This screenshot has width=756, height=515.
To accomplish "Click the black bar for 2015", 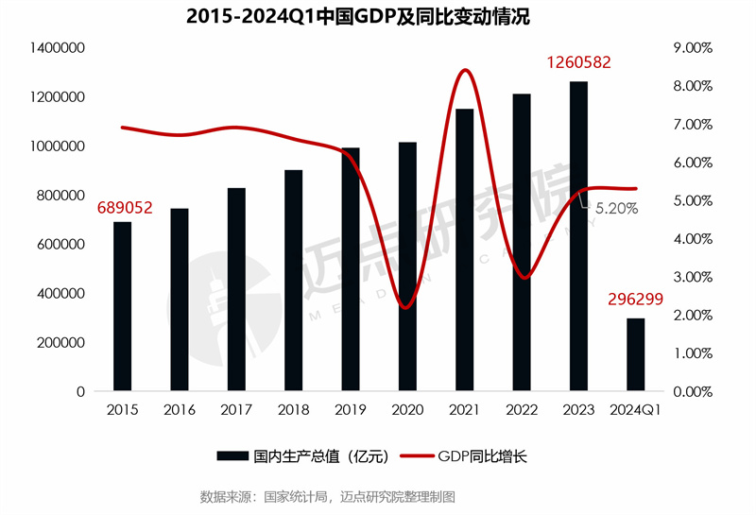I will pyautogui.click(x=123, y=306).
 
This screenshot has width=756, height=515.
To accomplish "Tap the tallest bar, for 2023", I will pyautogui.click(x=578, y=236).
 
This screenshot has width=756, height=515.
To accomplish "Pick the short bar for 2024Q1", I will pyautogui.click(x=635, y=354).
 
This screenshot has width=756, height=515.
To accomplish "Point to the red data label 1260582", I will pyautogui.click(x=578, y=63).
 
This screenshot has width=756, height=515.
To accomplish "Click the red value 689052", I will pyautogui.click(x=122, y=206).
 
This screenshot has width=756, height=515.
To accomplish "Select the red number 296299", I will pyautogui.click(x=635, y=300).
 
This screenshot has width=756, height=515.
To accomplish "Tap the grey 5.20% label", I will pyautogui.click(x=614, y=208).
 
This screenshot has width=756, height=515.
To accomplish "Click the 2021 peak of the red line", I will pyautogui.click(x=464, y=70).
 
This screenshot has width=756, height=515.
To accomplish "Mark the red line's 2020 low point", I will pyautogui.click(x=406, y=308).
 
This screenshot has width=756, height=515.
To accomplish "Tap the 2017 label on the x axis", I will pyautogui.click(x=236, y=410).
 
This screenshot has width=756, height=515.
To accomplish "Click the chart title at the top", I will pyautogui.click(x=377, y=16).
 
